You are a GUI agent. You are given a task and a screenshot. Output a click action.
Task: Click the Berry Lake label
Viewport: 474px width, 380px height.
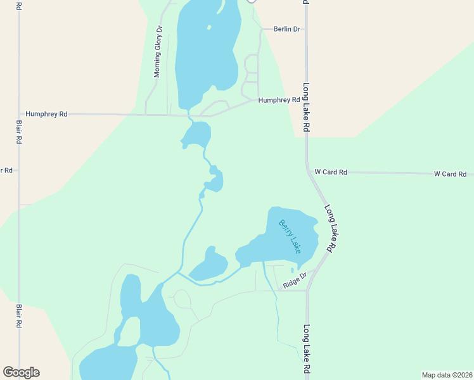[290, 236]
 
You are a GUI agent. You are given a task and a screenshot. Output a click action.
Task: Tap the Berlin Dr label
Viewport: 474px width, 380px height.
[286, 29]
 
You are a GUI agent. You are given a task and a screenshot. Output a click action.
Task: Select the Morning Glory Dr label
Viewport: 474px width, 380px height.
[158, 52]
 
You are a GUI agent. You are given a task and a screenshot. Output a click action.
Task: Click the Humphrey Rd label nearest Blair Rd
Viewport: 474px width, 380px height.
[46, 115]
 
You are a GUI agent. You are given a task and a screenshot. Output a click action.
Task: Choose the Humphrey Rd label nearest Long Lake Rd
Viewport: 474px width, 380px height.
[279, 100]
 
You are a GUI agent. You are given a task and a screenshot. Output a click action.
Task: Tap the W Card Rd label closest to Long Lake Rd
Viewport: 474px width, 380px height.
[331, 172]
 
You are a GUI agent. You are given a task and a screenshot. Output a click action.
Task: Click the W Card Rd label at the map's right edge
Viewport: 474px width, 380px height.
[450, 174]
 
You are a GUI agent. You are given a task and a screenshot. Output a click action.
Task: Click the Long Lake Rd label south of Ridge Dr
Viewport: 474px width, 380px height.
[306, 349]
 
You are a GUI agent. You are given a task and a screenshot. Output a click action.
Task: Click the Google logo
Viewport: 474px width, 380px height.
[21, 372]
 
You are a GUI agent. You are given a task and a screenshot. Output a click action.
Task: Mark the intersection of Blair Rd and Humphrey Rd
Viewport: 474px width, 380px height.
[19, 114]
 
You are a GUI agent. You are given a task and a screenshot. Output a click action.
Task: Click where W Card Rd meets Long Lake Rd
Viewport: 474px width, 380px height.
[309, 172]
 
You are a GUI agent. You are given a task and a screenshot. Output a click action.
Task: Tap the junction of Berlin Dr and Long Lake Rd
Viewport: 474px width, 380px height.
[305, 29]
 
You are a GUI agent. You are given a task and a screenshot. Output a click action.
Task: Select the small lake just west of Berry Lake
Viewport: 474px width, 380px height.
[209, 265]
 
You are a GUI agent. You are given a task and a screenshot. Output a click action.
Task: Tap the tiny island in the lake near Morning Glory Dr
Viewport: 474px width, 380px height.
[209, 27]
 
